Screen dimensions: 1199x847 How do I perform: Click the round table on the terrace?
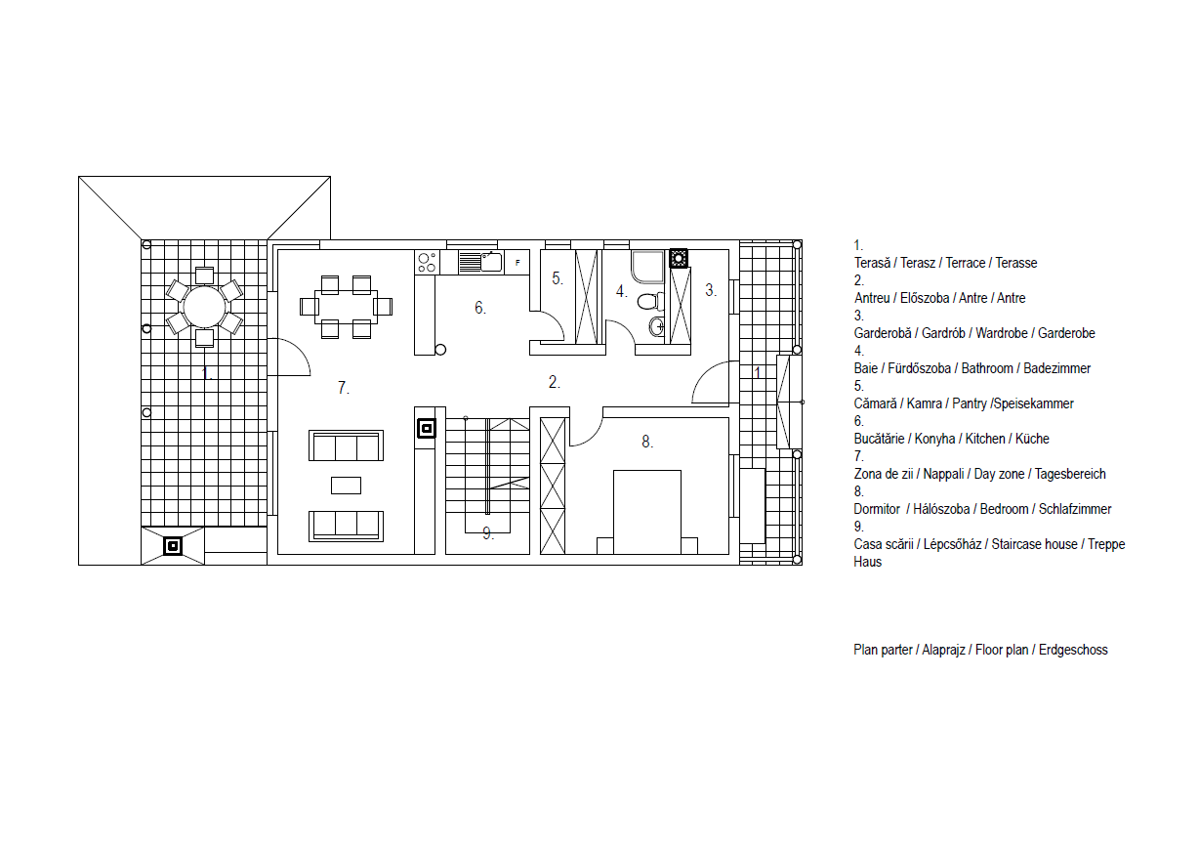(x=204, y=307)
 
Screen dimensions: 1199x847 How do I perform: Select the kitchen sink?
(x=480, y=262)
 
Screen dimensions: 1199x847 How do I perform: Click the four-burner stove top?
(x=427, y=263)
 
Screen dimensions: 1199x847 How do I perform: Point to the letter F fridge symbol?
(x=517, y=263)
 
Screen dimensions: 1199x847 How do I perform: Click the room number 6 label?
(x=479, y=308)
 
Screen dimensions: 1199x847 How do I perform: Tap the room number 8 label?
(x=647, y=442)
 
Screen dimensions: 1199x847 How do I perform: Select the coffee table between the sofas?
(x=346, y=486)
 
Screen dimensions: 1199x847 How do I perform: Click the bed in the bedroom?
(x=647, y=512)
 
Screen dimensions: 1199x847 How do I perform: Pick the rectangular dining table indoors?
(x=346, y=307)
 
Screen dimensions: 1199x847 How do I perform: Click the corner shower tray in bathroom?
(x=647, y=267)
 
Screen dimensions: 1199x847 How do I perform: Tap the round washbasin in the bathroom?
(x=657, y=325)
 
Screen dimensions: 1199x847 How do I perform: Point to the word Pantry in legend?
(x=969, y=403)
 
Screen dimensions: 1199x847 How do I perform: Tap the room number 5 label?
(x=558, y=278)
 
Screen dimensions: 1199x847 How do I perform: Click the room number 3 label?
(x=710, y=290)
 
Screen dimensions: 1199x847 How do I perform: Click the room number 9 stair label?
(x=487, y=533)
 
